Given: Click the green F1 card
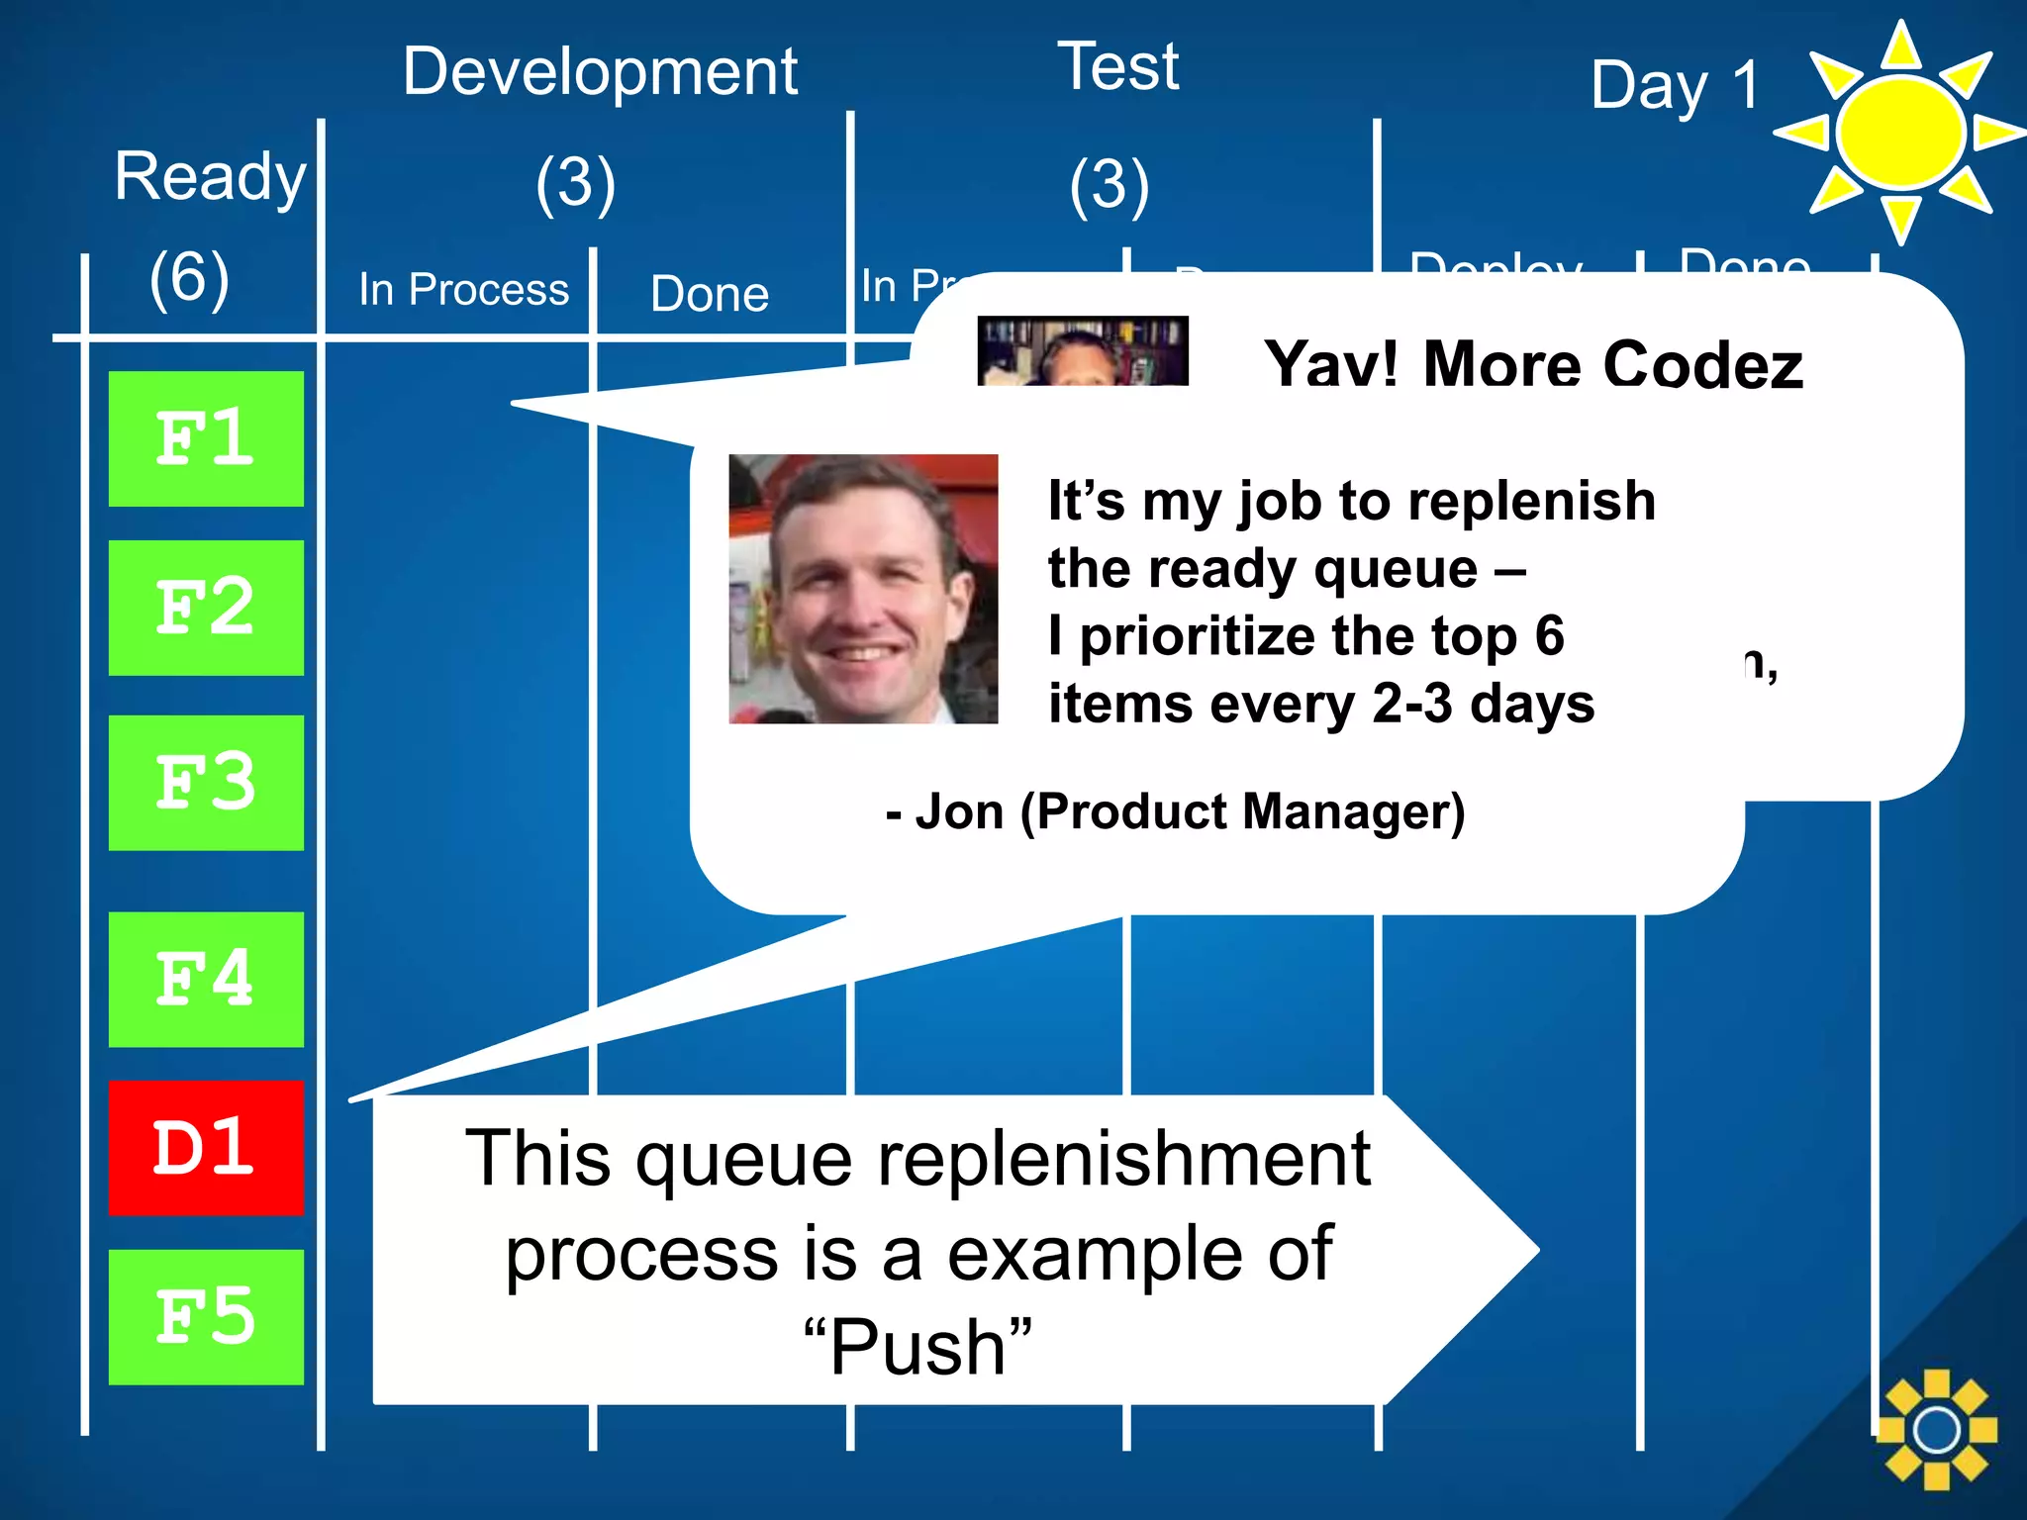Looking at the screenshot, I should [x=206, y=438].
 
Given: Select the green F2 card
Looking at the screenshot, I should [x=206, y=608].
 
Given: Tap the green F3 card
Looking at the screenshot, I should [x=206, y=783].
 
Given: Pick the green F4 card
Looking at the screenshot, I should [x=206, y=979].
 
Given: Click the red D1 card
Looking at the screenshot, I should [x=206, y=1148].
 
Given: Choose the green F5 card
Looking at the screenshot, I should [x=206, y=1317].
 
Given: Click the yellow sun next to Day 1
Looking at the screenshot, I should [x=1899, y=133].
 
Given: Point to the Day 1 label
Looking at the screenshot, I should [x=1675, y=85].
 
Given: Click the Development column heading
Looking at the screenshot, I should [x=600, y=72].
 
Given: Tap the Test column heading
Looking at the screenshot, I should [x=1118, y=67].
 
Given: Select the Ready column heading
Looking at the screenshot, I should [x=210, y=177].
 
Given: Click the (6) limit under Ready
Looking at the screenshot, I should [x=189, y=277].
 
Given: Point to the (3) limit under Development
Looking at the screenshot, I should [x=575, y=184].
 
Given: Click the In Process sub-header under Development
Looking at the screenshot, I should [x=463, y=290].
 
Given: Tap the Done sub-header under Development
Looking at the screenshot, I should [x=710, y=294].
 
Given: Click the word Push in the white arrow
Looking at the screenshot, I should [x=917, y=1347].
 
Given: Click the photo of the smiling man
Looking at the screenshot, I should [x=863, y=589].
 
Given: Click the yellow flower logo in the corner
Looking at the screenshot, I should [x=1936, y=1429].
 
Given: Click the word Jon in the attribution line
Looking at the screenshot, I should [x=959, y=811].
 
